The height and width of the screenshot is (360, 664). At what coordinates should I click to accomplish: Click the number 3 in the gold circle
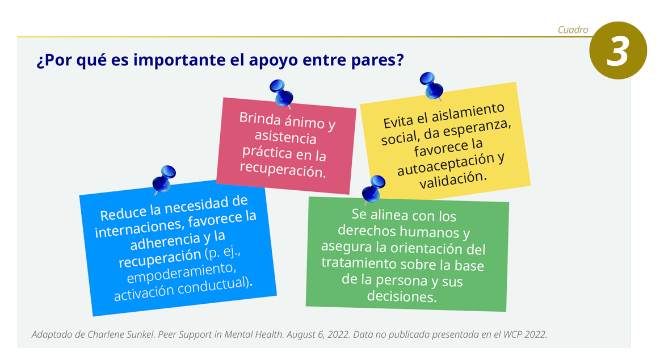click(x=617, y=52)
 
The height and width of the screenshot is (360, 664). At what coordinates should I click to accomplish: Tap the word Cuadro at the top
click(x=573, y=30)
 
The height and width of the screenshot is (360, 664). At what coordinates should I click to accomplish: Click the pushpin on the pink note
click(x=281, y=93)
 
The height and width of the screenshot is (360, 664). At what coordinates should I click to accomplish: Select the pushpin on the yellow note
click(x=431, y=86)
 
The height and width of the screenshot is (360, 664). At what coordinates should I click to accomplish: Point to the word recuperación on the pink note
click(x=283, y=169)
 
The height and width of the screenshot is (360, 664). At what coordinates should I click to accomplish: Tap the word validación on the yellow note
click(x=453, y=179)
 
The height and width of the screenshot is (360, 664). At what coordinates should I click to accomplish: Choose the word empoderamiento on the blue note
click(x=181, y=273)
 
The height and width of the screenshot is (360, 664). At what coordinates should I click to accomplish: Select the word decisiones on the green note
click(x=401, y=296)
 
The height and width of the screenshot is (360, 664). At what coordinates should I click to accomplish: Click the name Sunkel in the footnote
click(x=142, y=334)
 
